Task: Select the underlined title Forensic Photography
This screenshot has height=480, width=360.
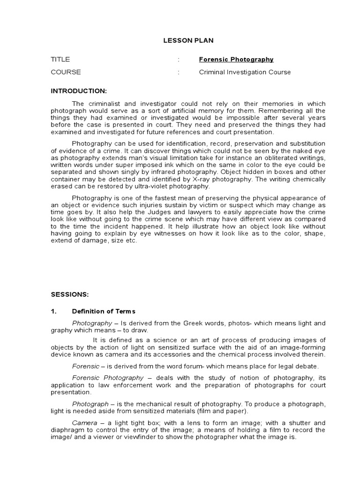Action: (236, 60)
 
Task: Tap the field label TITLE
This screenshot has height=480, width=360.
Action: (60, 60)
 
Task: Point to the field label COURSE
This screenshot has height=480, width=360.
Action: (66, 72)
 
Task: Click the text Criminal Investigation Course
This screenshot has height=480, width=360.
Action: (245, 72)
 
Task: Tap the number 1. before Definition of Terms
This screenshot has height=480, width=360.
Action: (53, 311)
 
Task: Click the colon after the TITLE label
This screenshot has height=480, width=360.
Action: (179, 60)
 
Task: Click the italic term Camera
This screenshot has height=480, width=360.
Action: (84, 423)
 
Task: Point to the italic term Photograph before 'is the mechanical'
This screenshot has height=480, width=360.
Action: (90, 404)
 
